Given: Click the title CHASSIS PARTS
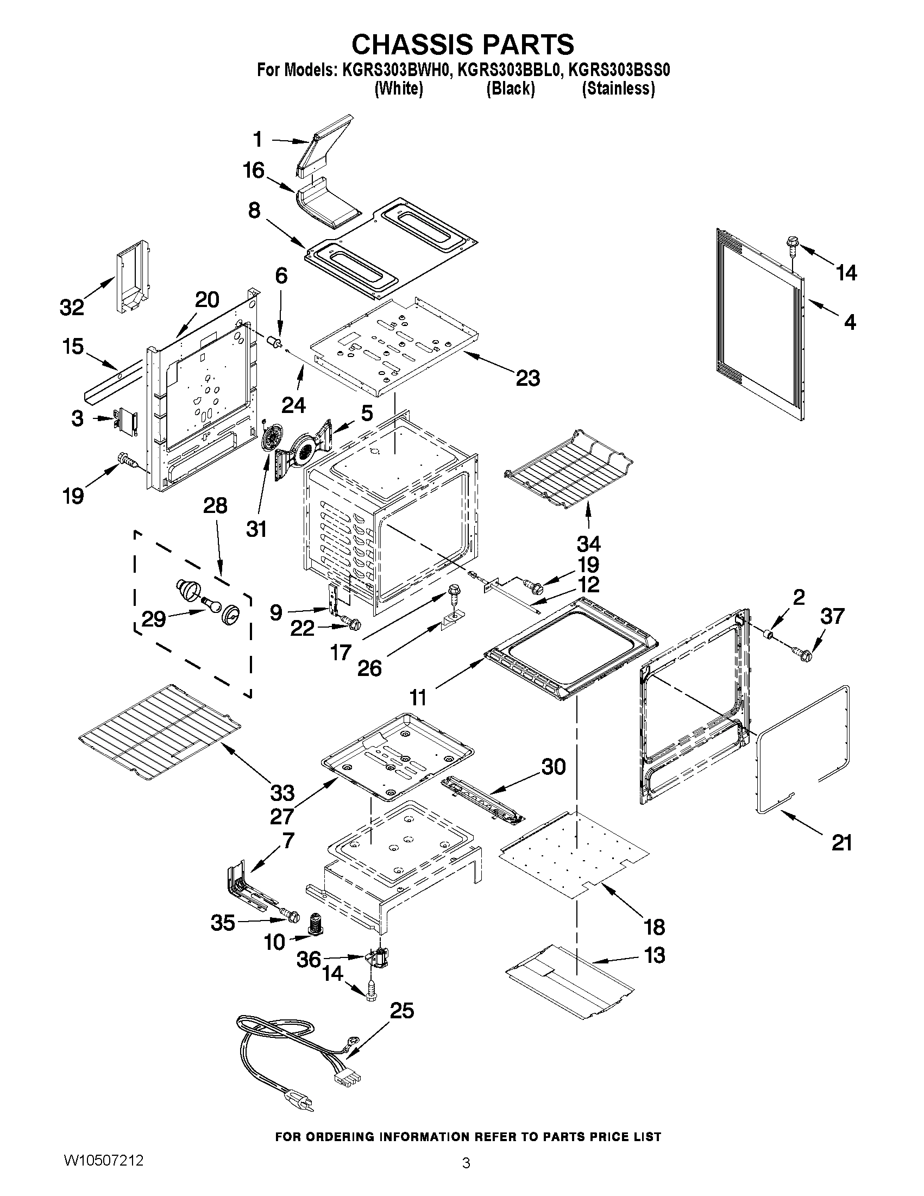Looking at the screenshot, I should click(463, 45).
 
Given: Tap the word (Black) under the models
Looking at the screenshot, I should click(510, 89).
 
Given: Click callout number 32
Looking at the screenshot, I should click(72, 307).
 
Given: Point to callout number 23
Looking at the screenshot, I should click(527, 377).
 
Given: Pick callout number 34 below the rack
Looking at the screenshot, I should click(588, 543).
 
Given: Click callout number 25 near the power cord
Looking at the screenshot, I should click(401, 1010).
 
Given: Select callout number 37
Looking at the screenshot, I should click(832, 616).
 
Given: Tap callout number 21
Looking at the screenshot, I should click(842, 843).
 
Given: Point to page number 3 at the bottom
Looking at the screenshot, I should click(466, 1176).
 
